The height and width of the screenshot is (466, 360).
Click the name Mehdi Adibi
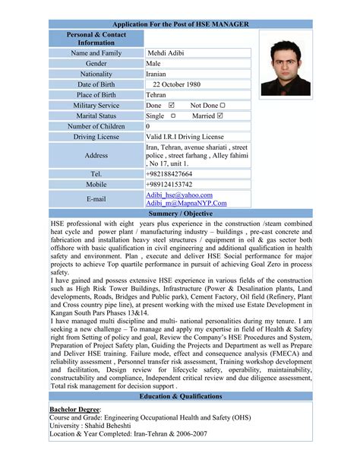click(x=168, y=52)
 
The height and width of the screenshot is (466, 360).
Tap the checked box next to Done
click(x=171, y=105)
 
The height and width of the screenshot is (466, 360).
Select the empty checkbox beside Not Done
click(x=223, y=105)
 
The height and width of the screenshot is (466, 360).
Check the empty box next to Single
click(x=173, y=116)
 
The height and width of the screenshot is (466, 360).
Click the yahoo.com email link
click(x=179, y=195)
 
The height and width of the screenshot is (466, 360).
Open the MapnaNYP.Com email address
click(x=187, y=204)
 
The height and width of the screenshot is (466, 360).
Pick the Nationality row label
click(x=96, y=74)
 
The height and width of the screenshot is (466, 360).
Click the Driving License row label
click(x=96, y=137)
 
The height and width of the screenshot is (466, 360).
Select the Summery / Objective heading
click(x=180, y=214)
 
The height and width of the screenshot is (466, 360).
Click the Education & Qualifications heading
click(x=180, y=397)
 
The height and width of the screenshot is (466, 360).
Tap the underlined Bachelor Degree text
click(x=74, y=408)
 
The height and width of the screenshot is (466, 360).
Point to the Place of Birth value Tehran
click(x=156, y=94)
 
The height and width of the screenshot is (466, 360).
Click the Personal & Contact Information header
click(x=96, y=38)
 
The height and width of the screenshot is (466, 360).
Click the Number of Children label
click(x=96, y=126)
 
